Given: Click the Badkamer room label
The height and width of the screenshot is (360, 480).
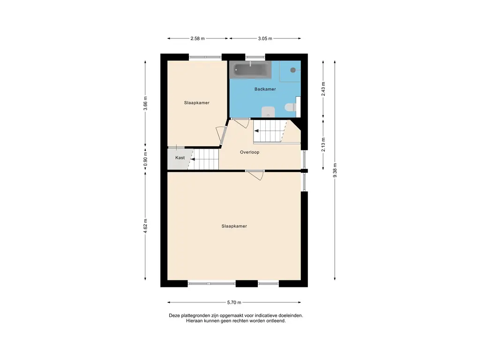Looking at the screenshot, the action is tap(265, 89).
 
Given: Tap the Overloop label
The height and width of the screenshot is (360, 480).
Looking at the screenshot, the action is tap(249, 152).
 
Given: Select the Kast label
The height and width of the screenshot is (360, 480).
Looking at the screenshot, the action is tap(180, 157).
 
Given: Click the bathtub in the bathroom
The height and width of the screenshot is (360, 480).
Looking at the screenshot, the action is tap(251, 69).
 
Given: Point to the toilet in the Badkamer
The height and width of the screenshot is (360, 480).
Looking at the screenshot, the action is tap(290, 108).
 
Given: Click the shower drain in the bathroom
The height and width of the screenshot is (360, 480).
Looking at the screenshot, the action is tap(293, 70).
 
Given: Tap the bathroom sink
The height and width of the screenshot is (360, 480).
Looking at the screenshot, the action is tap(268, 112).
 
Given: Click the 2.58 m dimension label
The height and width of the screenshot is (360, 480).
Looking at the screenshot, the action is tap(197, 38).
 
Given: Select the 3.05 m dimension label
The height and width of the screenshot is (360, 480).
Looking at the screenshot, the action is tap(265, 38).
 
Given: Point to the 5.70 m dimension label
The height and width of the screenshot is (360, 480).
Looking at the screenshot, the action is tap(234, 302).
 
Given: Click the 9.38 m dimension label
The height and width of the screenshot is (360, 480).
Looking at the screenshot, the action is tap(335, 170).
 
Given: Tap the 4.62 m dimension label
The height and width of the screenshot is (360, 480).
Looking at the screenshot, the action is tap(145, 226).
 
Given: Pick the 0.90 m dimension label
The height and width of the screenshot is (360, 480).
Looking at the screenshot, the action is tap(145, 159).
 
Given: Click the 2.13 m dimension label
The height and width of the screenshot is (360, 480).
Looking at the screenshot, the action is tap(323, 144).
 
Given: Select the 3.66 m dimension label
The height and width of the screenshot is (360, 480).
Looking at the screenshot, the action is tap(145, 104).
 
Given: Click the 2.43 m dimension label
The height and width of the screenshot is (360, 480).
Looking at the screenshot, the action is tap(323, 89).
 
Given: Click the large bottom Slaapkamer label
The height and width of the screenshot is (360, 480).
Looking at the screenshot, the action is tap(234, 226).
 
